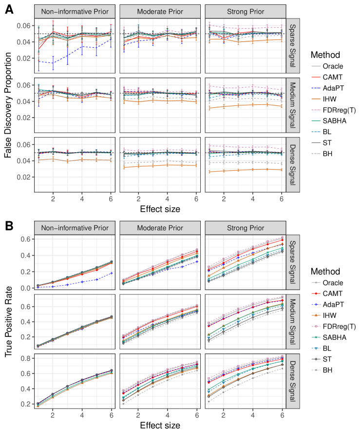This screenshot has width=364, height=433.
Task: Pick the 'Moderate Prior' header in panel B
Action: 158,228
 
